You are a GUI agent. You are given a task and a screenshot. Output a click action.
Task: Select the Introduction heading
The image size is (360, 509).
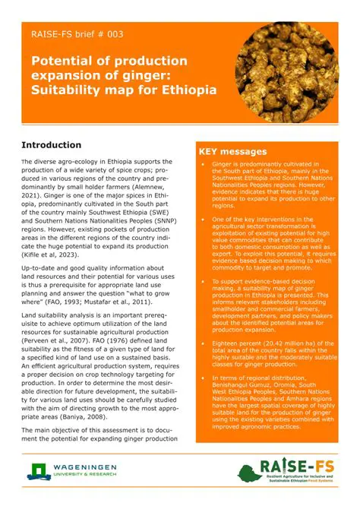pyautogui.click(x=62, y=144)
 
